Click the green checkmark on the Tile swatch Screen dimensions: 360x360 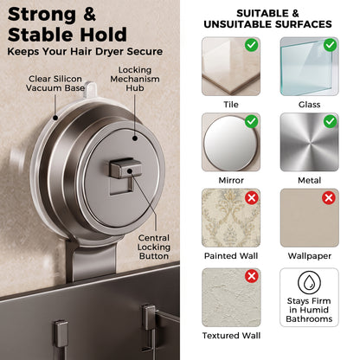click(252, 45)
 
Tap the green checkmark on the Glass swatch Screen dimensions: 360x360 click(331, 45)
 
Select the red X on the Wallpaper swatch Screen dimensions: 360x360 click(329, 198)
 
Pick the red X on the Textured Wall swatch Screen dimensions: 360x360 click(252, 276)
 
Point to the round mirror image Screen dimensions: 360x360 click(230, 142)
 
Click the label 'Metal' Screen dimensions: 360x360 click(309, 181)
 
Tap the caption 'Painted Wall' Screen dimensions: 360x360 click(231, 256)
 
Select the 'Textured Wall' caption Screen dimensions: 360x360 click(231, 336)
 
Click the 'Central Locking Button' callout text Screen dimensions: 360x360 click(154, 247)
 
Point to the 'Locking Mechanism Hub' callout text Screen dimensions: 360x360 click(135, 79)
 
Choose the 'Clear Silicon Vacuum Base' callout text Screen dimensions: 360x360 click(55, 83)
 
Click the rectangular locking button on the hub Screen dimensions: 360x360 click(125, 168)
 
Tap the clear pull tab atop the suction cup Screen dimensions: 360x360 click(90, 90)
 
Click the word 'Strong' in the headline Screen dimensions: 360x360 click(42, 15)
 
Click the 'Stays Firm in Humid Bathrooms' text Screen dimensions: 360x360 click(309, 310)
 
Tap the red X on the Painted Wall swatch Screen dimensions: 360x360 click(252, 198)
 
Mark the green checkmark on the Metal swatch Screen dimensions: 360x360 click(331, 121)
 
